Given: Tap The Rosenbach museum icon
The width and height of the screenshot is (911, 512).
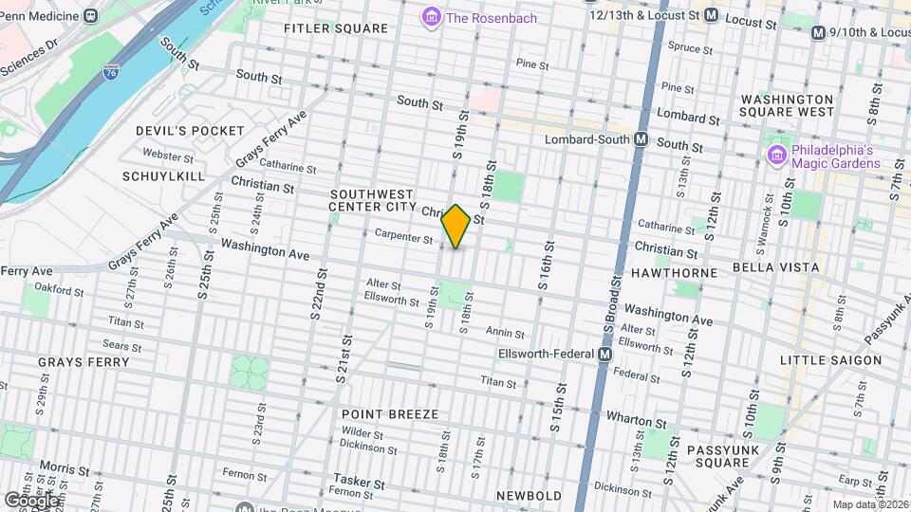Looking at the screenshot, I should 431,17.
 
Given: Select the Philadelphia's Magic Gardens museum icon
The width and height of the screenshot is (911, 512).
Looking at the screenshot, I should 776,154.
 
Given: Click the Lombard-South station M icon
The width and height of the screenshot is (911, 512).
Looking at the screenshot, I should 641,139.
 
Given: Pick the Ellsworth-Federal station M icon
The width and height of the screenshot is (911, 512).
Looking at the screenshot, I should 604,354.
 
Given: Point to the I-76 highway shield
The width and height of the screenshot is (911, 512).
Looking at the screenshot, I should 111,71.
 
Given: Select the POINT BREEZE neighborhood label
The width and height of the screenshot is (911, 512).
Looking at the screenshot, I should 390,414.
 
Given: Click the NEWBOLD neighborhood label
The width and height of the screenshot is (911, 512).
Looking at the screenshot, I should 529,495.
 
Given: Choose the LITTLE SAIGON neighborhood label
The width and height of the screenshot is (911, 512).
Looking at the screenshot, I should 830,360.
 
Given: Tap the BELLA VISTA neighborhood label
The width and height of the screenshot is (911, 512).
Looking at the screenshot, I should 770,268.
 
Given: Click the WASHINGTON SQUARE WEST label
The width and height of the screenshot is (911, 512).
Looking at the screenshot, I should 787,105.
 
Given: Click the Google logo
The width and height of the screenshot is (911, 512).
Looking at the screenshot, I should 31,499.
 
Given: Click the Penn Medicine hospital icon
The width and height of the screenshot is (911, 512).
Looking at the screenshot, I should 90,15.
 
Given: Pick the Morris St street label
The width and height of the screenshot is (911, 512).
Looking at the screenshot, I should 65,469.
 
